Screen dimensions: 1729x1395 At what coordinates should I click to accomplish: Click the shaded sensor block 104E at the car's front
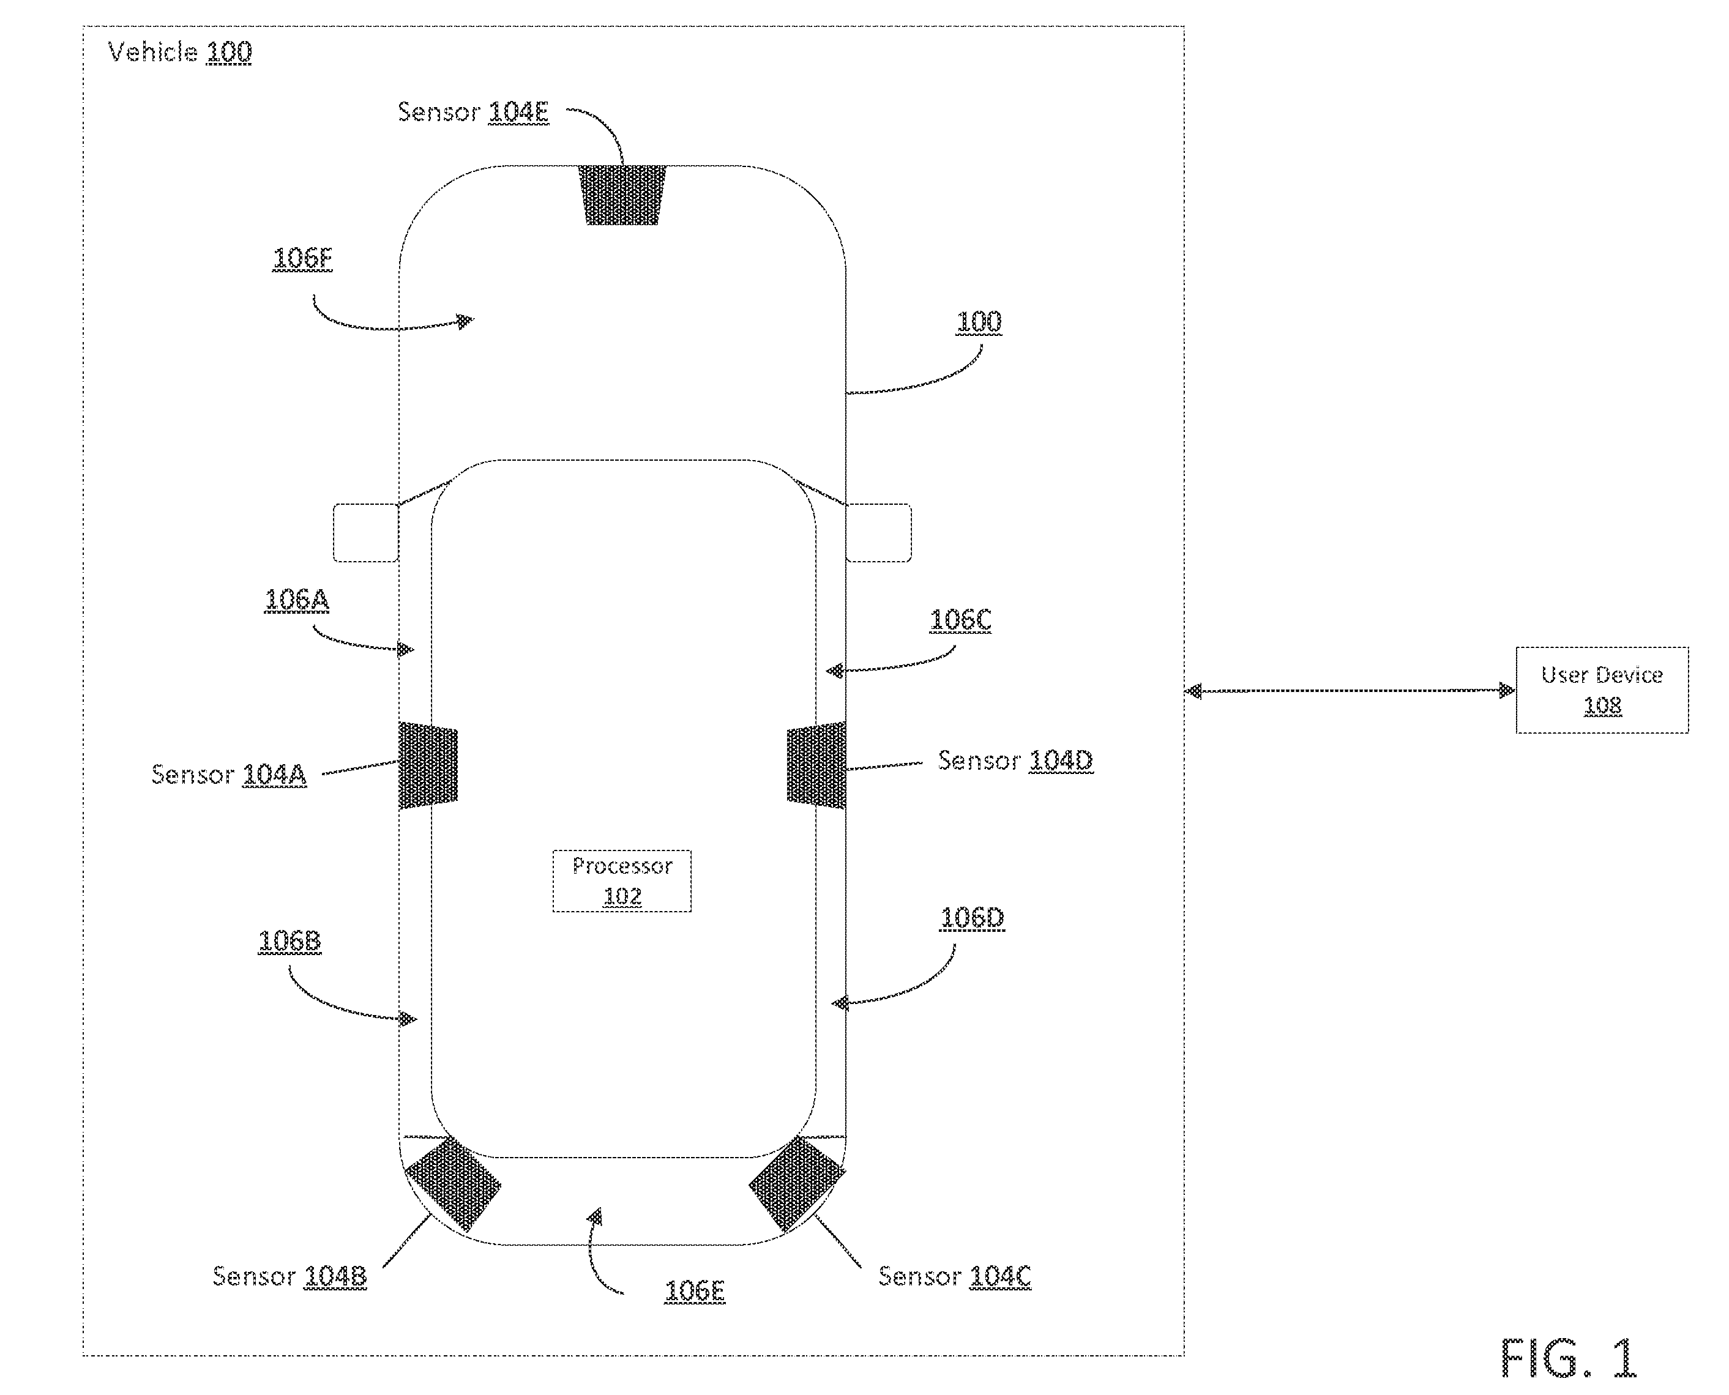[622, 195]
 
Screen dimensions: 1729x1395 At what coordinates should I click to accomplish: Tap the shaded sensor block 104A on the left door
[428, 765]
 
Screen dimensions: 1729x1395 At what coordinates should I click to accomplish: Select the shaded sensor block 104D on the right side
[816, 765]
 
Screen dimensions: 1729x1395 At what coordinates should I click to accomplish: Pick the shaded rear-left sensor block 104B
[452, 1184]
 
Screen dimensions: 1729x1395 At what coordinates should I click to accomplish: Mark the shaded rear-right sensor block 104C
[797, 1184]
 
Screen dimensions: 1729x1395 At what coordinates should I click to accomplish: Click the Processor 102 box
[621, 880]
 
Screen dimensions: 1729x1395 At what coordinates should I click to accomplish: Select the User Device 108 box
[1601, 690]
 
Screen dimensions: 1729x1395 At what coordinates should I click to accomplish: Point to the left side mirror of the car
[366, 532]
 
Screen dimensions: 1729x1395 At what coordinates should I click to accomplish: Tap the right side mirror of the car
[878, 532]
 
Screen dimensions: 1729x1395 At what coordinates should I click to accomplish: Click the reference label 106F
[302, 259]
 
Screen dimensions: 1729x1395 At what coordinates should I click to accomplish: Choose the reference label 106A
[297, 600]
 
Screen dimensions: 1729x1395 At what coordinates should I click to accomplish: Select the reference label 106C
[960, 620]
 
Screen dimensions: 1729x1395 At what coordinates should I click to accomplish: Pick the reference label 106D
[972, 918]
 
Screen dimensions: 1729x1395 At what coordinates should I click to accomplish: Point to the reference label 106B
[289, 942]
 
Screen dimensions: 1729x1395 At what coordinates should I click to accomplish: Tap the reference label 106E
[695, 1292]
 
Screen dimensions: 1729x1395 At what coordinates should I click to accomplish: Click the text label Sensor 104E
[474, 112]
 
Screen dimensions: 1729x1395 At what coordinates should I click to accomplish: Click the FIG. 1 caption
[1568, 1358]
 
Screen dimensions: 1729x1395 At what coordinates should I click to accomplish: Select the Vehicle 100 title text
[180, 52]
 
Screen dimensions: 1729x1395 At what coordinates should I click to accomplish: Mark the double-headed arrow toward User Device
[1350, 690]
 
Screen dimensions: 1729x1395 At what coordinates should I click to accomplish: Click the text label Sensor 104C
[954, 1276]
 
